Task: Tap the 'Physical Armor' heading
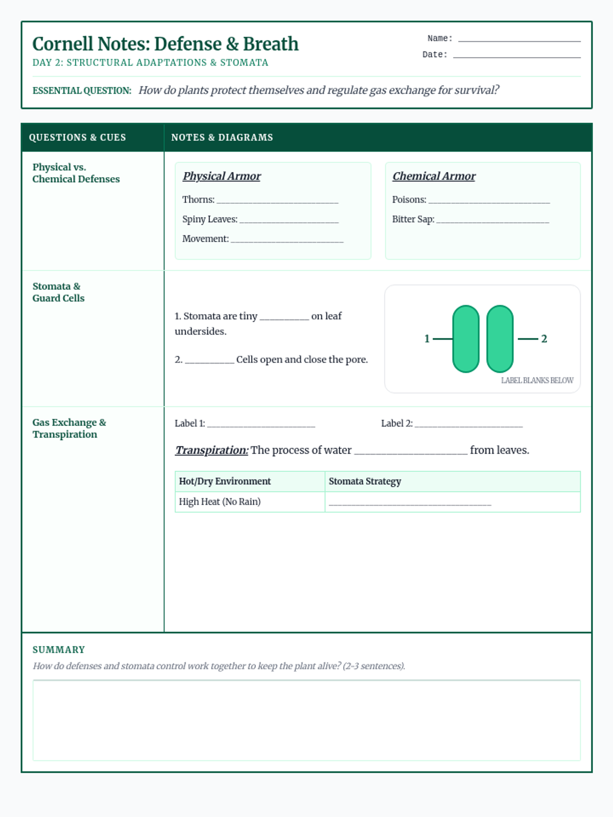pyautogui.click(x=222, y=176)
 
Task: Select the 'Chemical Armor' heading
pyautogui.click(x=434, y=176)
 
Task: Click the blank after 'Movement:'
pyautogui.click(x=287, y=239)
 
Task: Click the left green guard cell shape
pyautogui.click(x=466, y=339)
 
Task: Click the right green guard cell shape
pyautogui.click(x=500, y=339)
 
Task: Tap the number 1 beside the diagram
pyautogui.click(x=427, y=339)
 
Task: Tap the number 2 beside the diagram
pyautogui.click(x=544, y=339)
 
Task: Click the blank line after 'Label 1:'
pyautogui.click(x=261, y=424)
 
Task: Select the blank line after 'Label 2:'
pyautogui.click(x=468, y=424)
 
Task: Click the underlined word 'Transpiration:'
pyautogui.click(x=211, y=450)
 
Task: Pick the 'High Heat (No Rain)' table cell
pyautogui.click(x=220, y=502)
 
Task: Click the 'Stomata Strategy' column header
pyautogui.click(x=365, y=482)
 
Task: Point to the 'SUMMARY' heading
pyautogui.click(x=59, y=650)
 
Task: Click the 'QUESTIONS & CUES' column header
pyautogui.click(x=77, y=138)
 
